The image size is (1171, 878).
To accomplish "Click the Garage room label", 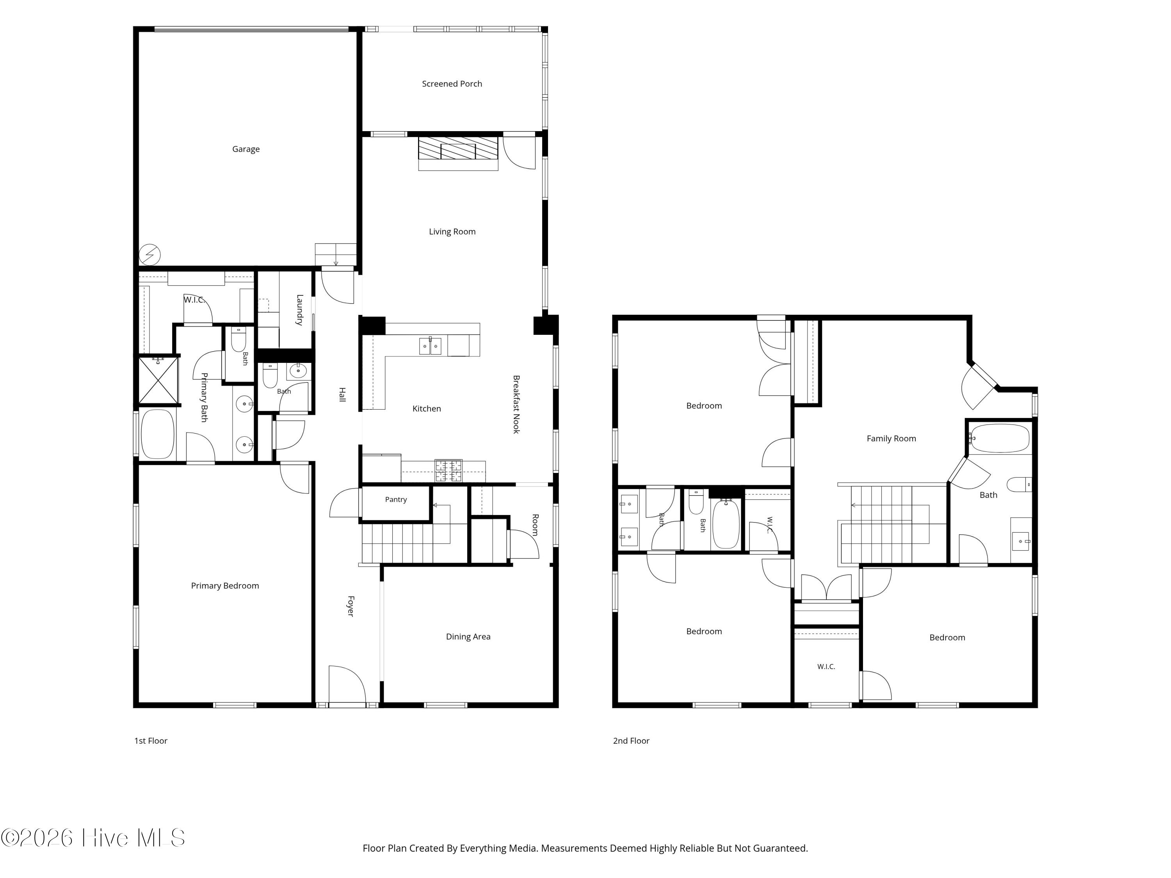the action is [x=246, y=149].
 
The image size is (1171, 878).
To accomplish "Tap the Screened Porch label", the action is [x=452, y=84].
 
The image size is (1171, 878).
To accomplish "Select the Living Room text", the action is [x=452, y=231].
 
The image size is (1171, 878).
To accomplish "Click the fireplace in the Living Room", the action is [x=458, y=148].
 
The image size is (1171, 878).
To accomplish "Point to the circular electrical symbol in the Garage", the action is [x=150, y=254].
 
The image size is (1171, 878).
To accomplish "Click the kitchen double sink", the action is [x=430, y=346].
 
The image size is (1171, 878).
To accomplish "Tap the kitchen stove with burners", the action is [x=448, y=471].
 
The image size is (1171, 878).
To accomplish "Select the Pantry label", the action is [x=396, y=499].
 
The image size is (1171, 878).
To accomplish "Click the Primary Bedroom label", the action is [x=225, y=585].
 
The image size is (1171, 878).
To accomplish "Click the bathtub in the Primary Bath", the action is [x=158, y=434].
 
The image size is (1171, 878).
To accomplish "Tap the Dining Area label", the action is [x=468, y=637].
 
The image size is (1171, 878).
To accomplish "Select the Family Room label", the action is [x=891, y=438].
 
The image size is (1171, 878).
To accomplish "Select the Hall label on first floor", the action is [x=342, y=394].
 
